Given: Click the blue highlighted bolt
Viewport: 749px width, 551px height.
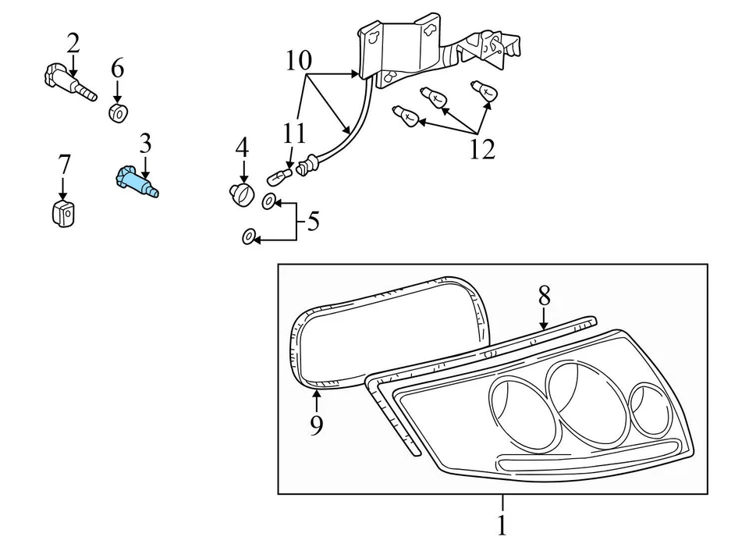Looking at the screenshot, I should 138,181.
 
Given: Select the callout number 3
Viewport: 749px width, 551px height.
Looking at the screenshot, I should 145,144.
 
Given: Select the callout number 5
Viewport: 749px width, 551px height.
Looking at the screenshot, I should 313,222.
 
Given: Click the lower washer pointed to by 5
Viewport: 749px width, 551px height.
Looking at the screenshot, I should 247,237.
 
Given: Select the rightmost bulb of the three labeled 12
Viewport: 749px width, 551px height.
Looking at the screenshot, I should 481,91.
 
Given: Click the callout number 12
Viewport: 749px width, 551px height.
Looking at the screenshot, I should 482,149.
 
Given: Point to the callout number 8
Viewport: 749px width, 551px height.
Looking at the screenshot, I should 544,296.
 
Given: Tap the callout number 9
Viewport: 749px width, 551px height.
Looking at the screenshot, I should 316,425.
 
